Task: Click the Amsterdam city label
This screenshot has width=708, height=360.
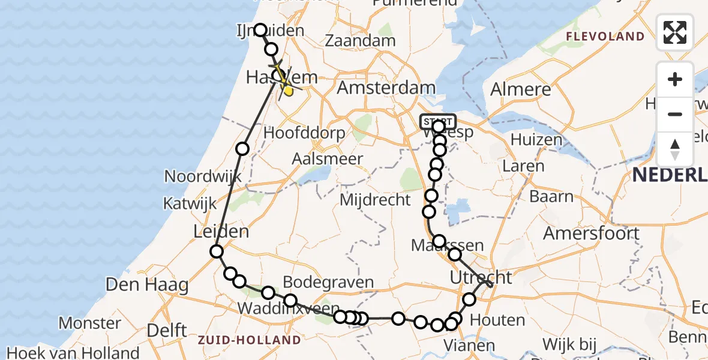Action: coord(386,88)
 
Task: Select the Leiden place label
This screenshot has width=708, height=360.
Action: coord(221,232)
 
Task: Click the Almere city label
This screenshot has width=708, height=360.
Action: coord(520,90)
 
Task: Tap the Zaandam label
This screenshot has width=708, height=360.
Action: coord(360,41)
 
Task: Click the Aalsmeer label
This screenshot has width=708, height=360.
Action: coord(328,160)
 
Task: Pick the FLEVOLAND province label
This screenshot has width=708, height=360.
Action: coord(605,37)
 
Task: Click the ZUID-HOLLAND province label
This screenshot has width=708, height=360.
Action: coord(249,341)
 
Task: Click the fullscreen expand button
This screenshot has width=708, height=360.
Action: coord(674,32)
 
